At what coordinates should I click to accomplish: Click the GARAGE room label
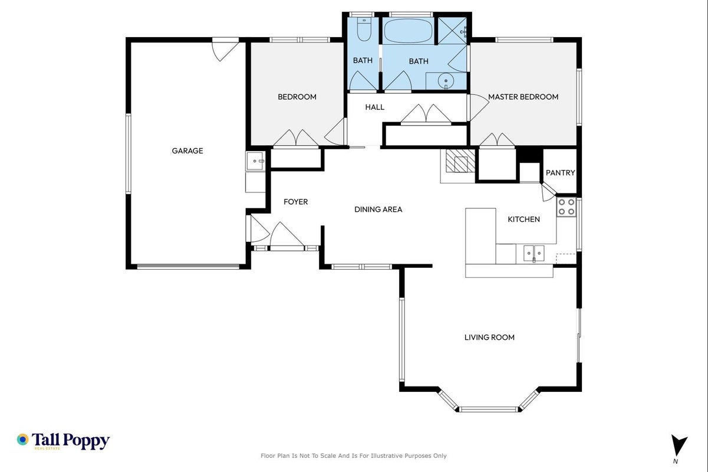187,150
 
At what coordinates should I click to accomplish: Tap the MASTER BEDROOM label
523,97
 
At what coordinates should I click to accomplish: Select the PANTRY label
561,173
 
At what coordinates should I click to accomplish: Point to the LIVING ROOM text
489,337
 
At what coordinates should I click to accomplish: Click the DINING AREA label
378,209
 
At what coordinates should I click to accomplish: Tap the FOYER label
295,202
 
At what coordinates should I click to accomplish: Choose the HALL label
375,107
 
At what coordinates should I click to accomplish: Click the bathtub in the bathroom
408,30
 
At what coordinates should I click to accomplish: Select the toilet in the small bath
364,29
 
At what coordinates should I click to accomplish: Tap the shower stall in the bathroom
452,31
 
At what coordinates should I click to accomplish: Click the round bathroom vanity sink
446,81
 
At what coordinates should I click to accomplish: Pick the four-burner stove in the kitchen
567,207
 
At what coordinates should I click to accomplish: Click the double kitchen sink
534,253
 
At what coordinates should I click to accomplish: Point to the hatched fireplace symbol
460,160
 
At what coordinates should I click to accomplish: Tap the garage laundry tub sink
255,161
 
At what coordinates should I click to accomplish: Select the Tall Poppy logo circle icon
23,440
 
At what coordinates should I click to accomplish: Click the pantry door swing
548,192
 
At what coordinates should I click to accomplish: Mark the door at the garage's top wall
225,50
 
